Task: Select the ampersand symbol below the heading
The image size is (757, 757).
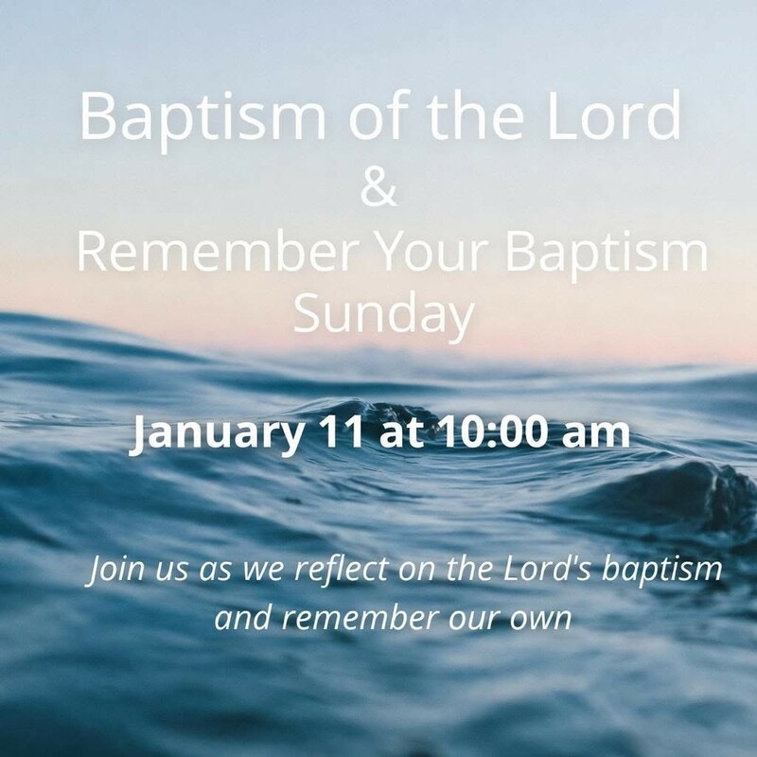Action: click(379, 188)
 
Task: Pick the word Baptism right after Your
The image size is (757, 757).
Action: click(607, 254)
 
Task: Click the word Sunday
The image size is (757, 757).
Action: click(382, 316)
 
